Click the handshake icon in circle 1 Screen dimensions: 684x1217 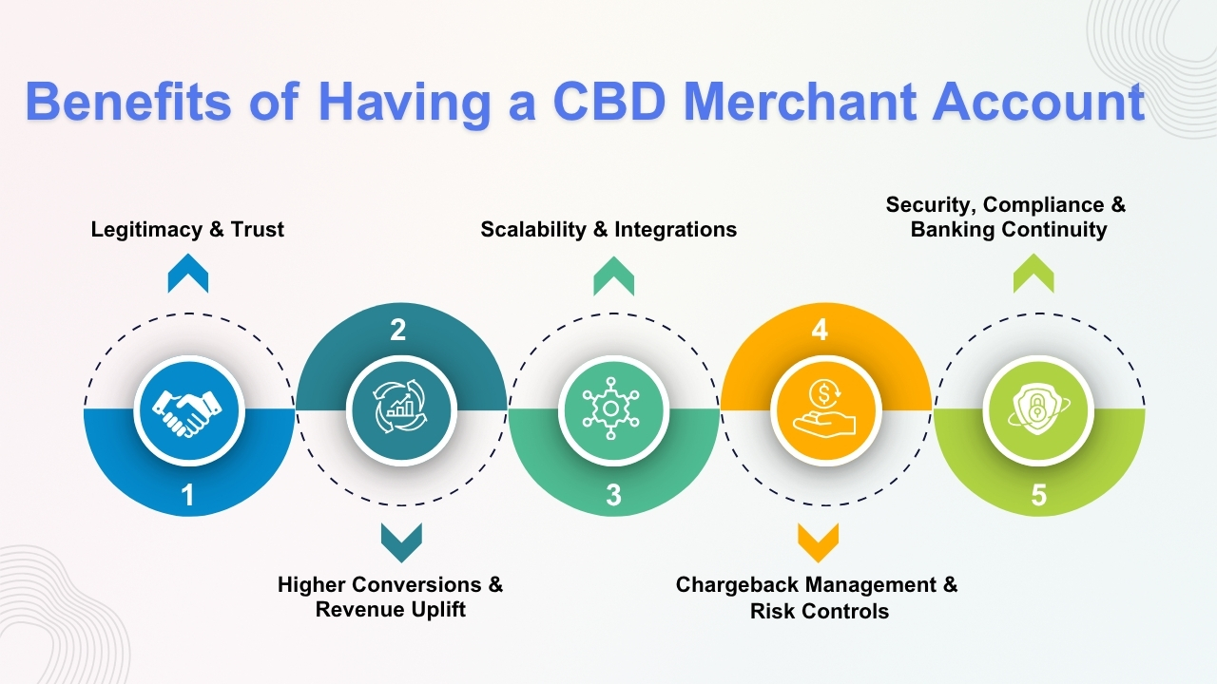[x=189, y=409]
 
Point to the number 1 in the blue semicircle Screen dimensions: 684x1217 [x=188, y=496]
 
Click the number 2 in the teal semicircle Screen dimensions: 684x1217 [x=398, y=330]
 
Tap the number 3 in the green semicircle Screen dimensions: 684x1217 [x=613, y=496]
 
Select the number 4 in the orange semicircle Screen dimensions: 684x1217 [x=820, y=330]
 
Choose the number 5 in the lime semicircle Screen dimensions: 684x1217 [x=1038, y=496]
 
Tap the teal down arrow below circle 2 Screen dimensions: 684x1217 [x=401, y=542]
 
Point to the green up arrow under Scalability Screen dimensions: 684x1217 [x=613, y=276]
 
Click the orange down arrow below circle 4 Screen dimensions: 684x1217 [x=819, y=542]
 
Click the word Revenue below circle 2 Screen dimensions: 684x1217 [x=361, y=609]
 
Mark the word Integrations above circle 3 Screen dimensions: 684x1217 [x=676, y=229]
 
